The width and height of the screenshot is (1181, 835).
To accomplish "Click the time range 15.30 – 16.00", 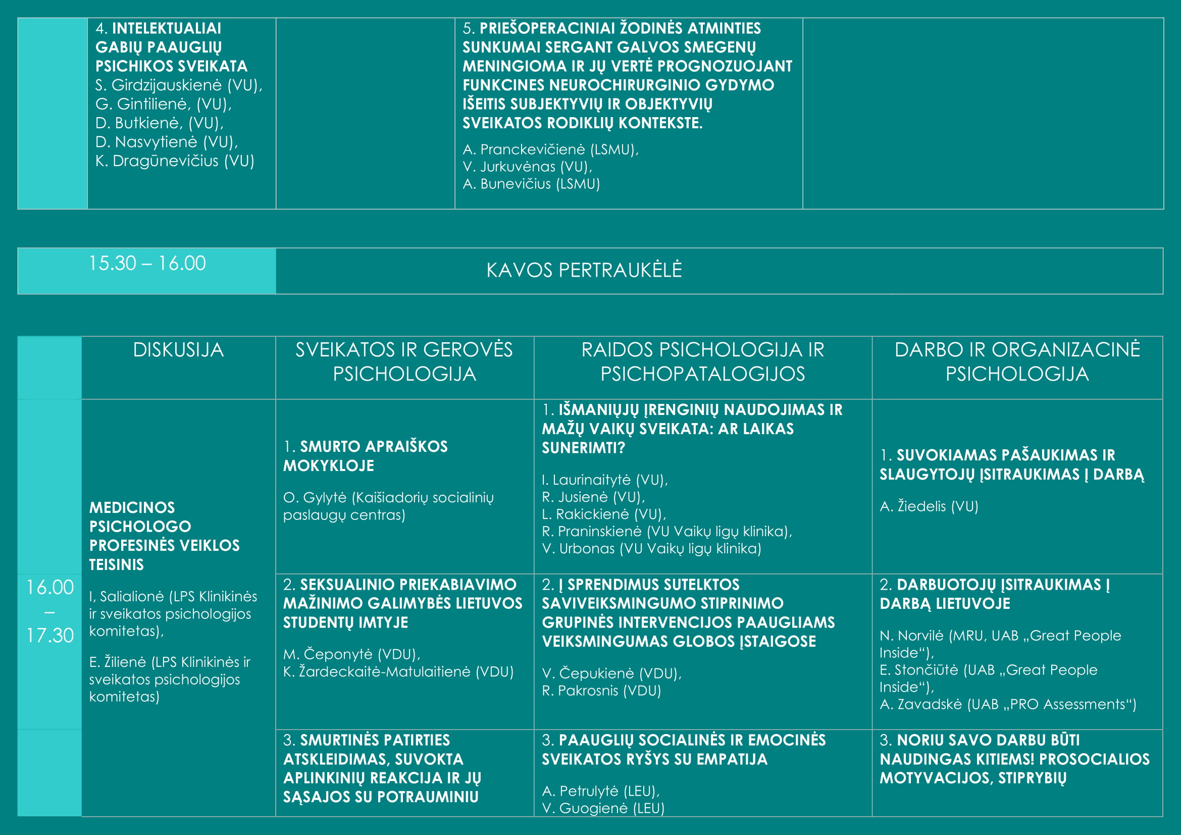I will (147, 263).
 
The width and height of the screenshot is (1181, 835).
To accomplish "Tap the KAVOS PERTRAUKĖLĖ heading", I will (584, 271).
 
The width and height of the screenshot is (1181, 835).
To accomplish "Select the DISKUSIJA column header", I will (178, 350).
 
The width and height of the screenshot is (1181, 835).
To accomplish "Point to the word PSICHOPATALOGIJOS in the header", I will (702, 374).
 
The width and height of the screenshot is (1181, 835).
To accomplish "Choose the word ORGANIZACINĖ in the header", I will (1066, 350).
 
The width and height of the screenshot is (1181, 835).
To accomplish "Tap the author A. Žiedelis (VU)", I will (929, 506).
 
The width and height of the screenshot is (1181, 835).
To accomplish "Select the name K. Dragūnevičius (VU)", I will (174, 161).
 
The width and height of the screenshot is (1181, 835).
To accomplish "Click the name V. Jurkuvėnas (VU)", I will (527, 167).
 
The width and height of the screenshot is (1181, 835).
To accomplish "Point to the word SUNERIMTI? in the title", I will (583, 448).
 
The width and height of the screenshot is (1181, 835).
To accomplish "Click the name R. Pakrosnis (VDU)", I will (601, 691).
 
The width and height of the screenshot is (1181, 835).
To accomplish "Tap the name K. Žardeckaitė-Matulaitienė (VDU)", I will (397, 671).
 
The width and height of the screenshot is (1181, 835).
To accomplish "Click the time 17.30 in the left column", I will (50, 636).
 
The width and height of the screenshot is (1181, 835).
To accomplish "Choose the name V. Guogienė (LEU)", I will (603, 808).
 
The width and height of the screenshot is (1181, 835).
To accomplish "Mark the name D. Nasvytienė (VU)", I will (166, 142).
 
